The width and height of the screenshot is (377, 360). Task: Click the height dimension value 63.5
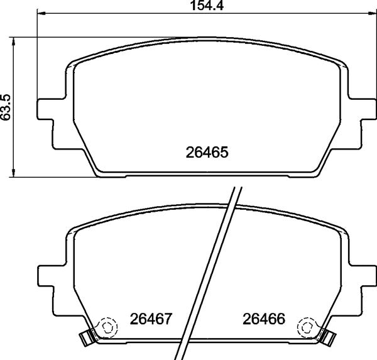click(x=6, y=107)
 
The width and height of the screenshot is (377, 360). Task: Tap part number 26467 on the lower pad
click(x=151, y=319)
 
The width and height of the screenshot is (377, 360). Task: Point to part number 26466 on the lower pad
click(x=264, y=319)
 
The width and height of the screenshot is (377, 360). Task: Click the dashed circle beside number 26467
click(x=107, y=327)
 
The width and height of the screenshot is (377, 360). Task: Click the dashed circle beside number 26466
click(x=307, y=327)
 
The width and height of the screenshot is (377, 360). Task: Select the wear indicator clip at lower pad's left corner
click(x=85, y=339)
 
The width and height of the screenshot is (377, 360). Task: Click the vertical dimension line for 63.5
click(x=14, y=138)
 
